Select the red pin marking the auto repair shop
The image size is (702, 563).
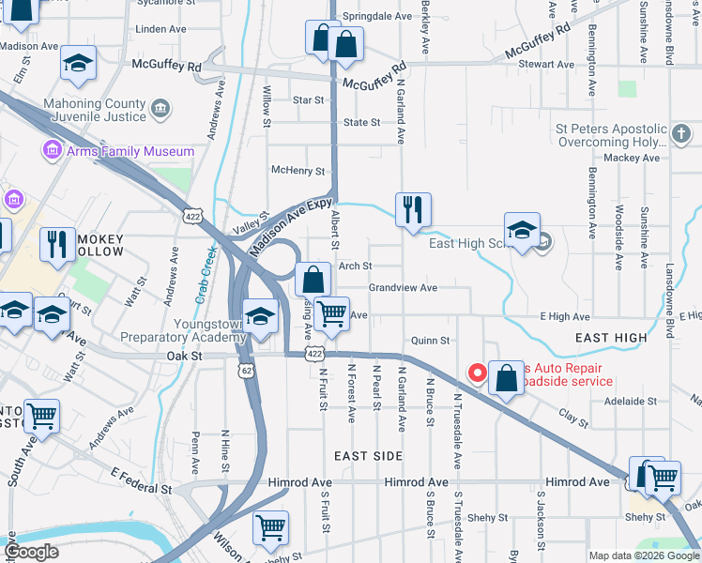477,373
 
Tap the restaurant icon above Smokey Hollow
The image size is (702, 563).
57,244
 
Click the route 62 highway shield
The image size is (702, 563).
245,372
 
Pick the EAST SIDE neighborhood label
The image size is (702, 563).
369,456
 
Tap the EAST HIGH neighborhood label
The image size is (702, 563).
612,338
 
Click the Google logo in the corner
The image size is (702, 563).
32,553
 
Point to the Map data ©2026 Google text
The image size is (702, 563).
643,555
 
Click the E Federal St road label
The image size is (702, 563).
141,483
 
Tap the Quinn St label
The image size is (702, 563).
430,341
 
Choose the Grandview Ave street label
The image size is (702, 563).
403,287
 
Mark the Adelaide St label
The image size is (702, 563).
631,401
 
